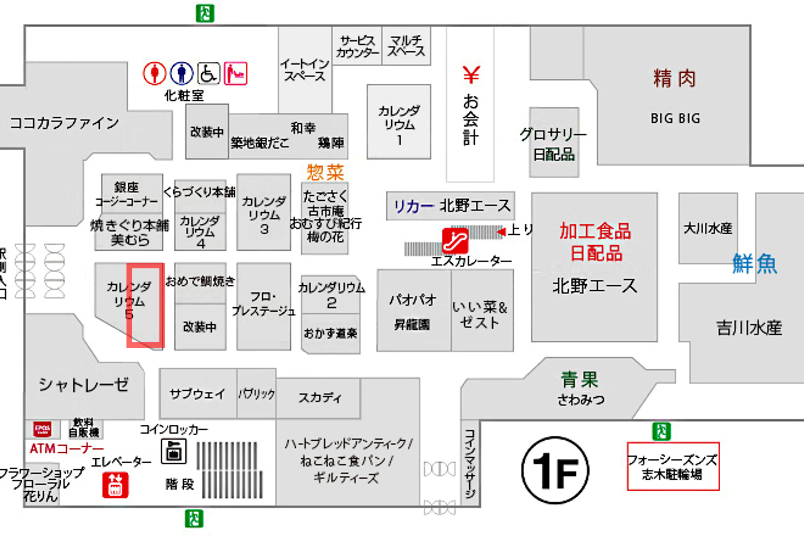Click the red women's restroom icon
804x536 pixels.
154,73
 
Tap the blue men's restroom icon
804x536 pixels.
181,73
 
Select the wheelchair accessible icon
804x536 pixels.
208,73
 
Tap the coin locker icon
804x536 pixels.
174,451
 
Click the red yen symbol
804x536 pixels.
471,75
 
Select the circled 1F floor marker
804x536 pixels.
555,470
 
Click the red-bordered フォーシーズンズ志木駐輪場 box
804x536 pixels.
673,466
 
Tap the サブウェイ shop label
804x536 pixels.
197,394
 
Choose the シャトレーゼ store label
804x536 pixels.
84,385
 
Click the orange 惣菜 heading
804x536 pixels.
325,172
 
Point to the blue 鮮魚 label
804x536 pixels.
755,264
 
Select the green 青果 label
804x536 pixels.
579,379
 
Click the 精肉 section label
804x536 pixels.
674,78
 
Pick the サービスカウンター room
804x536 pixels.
357,46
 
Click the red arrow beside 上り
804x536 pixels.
501,232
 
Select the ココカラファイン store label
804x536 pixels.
65,123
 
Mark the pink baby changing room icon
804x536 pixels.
235,73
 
